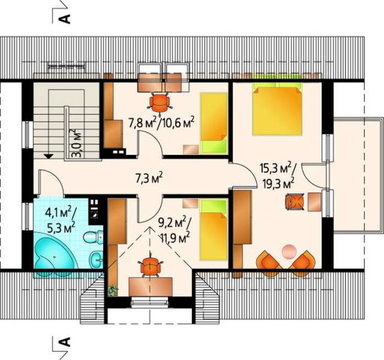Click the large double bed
click(277, 109)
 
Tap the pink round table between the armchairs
click(289, 251)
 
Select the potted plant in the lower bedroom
click(112, 290)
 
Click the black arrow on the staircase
click(49, 156)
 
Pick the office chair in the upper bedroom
click(160, 103)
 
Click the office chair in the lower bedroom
click(150, 266)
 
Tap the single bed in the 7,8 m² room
click(213, 123)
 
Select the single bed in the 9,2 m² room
click(213, 229)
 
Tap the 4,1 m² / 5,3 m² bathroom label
click(60, 220)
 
